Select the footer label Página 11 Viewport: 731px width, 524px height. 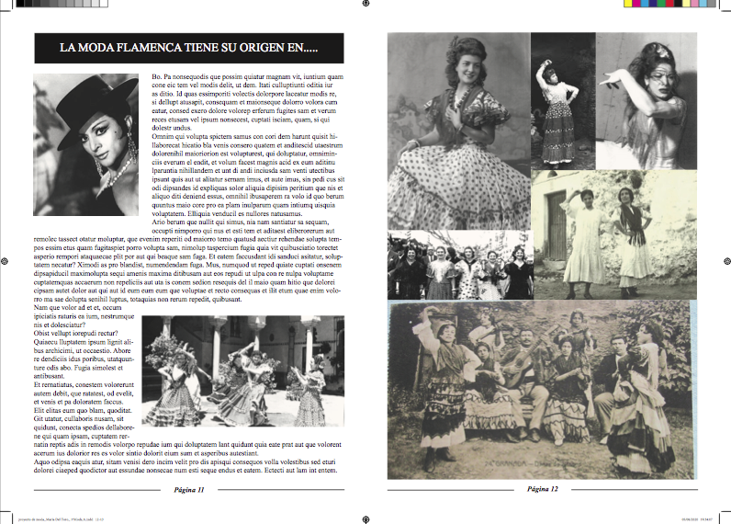point(188,490)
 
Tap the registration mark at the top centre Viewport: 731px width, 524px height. point(365,4)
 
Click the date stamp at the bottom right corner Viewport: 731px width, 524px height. point(699,518)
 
